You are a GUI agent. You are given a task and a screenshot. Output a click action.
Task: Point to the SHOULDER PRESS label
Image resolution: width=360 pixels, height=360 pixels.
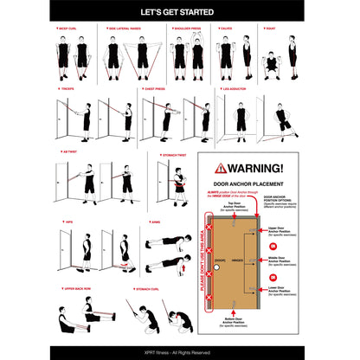pyautogui.click(x=189, y=29)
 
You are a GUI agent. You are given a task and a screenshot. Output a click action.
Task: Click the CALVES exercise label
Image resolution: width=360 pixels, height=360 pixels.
pyautogui.click(x=226, y=29)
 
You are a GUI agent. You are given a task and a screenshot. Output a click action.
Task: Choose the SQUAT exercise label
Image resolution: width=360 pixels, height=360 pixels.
pyautogui.click(x=271, y=29)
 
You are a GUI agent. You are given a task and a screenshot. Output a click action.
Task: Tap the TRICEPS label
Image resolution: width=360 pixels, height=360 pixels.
pyautogui.click(x=67, y=88)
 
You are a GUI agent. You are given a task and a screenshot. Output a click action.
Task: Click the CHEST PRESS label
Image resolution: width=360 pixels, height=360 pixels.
pyautogui.click(x=155, y=88)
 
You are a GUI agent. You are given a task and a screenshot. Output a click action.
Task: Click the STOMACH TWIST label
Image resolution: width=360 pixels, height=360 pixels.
pyautogui.click(x=172, y=155)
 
